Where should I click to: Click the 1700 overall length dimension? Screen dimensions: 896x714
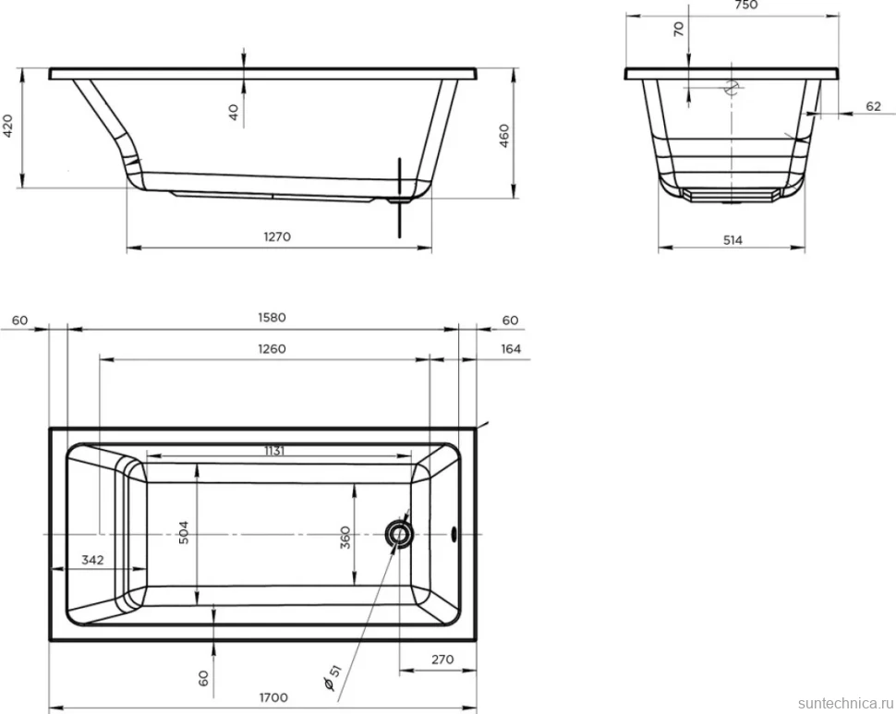[x=273, y=697]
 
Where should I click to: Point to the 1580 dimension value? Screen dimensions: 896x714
[x=272, y=318]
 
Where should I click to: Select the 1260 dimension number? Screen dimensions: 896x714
[x=272, y=349]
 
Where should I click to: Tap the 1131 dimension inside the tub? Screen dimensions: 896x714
[x=274, y=451]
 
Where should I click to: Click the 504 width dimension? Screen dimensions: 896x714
[x=184, y=532]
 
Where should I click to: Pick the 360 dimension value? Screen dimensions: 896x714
[x=345, y=538]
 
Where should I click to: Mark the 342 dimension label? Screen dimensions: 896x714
[x=92, y=560]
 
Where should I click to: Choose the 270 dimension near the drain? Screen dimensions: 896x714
[x=442, y=660]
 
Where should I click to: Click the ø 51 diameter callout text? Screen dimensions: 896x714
[x=332, y=677]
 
